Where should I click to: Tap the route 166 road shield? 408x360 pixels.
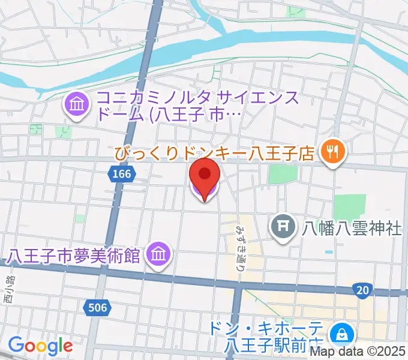point(119,174)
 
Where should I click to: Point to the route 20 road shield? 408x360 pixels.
point(362,290)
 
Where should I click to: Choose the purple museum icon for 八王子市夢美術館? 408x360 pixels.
point(158,254)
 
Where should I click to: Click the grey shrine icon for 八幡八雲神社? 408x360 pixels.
point(283,227)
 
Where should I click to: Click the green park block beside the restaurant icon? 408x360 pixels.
point(283,173)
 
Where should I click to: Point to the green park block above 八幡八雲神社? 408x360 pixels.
point(349,207)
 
